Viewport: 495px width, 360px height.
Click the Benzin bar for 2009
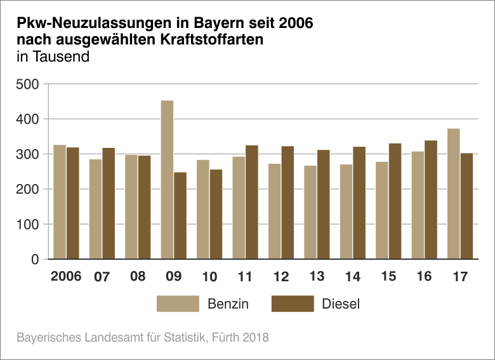point(167,180)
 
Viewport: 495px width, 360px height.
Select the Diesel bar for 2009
point(180,215)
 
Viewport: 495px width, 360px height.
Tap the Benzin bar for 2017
point(453,194)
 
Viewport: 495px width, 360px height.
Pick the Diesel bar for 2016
point(431,199)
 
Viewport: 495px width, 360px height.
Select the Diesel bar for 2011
point(252,202)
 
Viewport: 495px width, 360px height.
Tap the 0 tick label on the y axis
point(35,259)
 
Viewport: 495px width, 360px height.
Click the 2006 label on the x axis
point(66,277)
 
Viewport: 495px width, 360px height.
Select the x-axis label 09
point(173,277)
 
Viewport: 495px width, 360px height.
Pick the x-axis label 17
point(460,277)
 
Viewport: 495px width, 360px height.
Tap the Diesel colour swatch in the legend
point(293,303)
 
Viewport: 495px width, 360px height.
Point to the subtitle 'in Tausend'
point(53,56)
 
